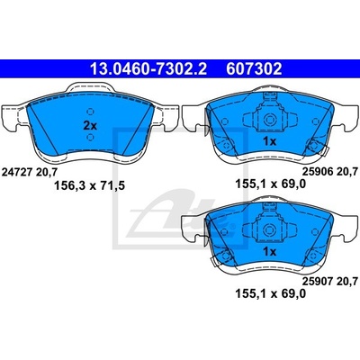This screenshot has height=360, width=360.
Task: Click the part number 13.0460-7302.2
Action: click(148, 69)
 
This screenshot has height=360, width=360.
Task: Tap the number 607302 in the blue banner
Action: click(254, 69)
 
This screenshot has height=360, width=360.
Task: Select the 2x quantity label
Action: click(90, 126)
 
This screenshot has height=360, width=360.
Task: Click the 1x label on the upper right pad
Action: click(269, 141)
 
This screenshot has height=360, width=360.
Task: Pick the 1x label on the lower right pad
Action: click(269, 252)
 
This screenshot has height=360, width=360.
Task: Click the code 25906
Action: click(317, 172)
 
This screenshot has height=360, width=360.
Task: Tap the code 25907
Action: click(317, 282)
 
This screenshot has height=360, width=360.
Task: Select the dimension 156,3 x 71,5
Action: click(89, 186)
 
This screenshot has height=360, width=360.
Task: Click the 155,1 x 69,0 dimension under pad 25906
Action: click(271, 184)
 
